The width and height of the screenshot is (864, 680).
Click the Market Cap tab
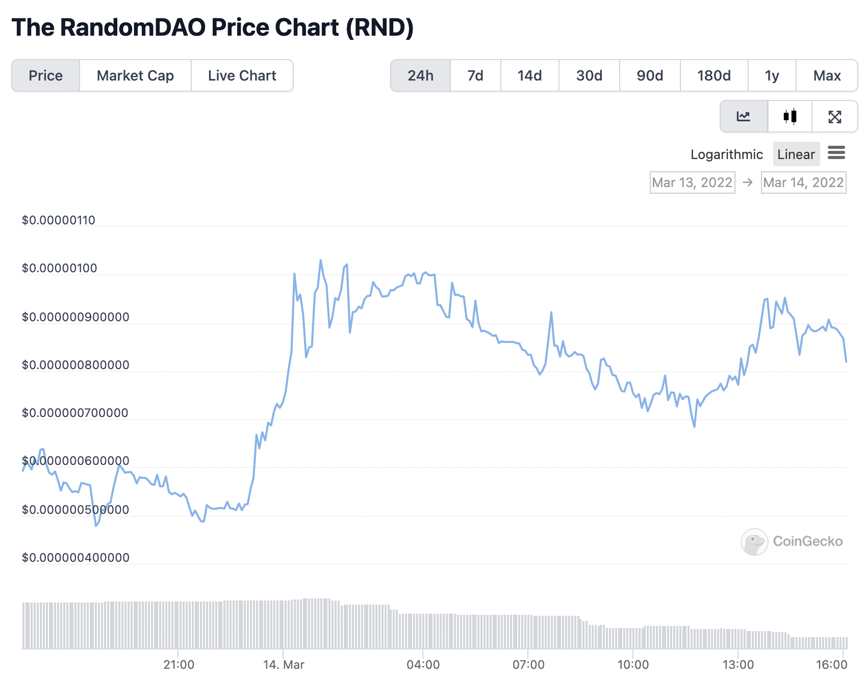[135, 75]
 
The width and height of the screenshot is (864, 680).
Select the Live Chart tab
[242, 75]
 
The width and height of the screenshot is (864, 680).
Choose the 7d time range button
[475, 75]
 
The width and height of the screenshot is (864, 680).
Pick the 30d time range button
[589, 75]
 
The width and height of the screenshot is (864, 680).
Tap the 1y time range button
[772, 75]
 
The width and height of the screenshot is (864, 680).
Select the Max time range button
[827, 75]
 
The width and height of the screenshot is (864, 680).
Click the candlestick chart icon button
[790, 116]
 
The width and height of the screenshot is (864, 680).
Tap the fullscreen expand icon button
[835, 116]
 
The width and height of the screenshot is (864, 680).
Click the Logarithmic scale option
[727, 154]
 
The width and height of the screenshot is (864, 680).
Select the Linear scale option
[796, 154]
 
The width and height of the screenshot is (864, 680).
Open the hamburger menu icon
[836, 152]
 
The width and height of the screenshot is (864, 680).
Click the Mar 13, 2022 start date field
[692, 182]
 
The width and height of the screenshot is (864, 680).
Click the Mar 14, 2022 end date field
[803, 182]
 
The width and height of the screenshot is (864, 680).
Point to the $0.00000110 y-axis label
[59, 220]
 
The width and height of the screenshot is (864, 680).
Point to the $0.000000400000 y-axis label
[75, 558]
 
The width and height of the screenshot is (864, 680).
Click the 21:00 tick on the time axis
[179, 665]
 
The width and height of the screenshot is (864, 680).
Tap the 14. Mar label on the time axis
[284, 665]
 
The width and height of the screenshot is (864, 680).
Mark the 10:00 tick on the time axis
[633, 665]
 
